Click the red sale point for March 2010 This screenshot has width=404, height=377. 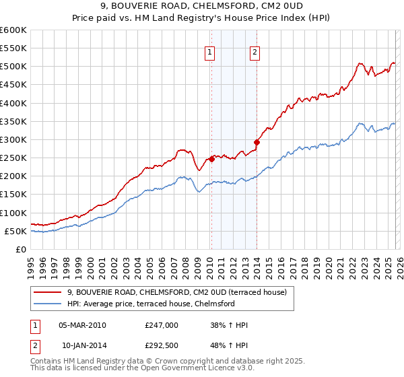(x=211, y=159)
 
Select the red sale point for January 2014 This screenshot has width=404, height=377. (x=257, y=142)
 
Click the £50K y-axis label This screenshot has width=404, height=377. (x=15, y=231)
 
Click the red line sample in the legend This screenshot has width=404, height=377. (x=48, y=292)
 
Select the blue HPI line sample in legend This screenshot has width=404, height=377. (x=48, y=304)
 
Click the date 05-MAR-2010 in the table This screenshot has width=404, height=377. (x=82, y=325)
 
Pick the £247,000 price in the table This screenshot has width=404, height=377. (x=161, y=325)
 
